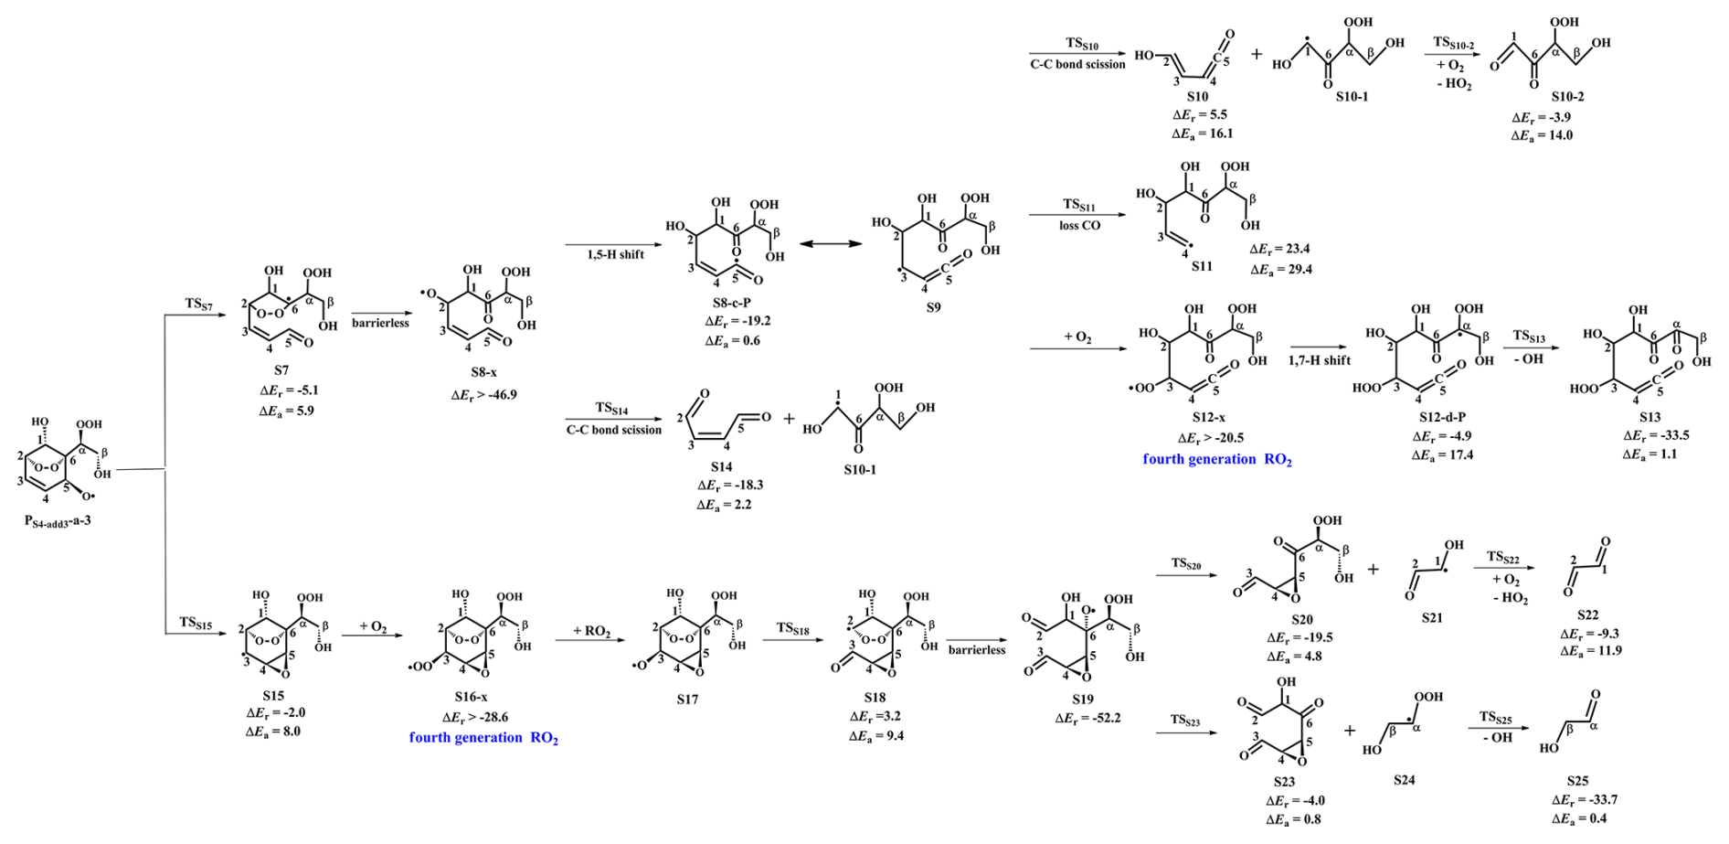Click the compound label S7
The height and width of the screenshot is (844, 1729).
(x=281, y=370)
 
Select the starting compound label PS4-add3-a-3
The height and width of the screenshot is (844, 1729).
(x=58, y=521)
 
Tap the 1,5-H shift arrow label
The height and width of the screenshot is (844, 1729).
(x=615, y=254)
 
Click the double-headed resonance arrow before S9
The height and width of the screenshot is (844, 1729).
(x=832, y=244)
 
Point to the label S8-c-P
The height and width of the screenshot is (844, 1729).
(x=732, y=303)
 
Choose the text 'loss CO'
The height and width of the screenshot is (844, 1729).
(x=1079, y=225)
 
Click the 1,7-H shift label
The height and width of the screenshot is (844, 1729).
(x=1319, y=360)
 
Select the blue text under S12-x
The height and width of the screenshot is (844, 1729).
(x=1216, y=459)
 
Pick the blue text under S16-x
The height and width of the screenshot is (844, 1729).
(x=483, y=737)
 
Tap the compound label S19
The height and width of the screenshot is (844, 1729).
(x=1083, y=699)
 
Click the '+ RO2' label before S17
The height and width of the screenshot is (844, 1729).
(x=591, y=631)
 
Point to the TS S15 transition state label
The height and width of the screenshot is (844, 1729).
(x=196, y=623)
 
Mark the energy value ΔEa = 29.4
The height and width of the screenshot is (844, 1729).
(x=1281, y=269)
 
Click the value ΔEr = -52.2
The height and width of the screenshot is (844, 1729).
(x=1087, y=718)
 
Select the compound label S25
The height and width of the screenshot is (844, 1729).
(x=1577, y=781)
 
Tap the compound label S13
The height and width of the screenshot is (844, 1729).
(x=1649, y=417)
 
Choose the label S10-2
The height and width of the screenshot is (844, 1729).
(x=1567, y=97)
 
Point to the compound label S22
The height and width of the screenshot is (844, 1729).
(x=1587, y=615)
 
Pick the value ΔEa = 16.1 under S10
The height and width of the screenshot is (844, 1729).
(x=1202, y=134)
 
